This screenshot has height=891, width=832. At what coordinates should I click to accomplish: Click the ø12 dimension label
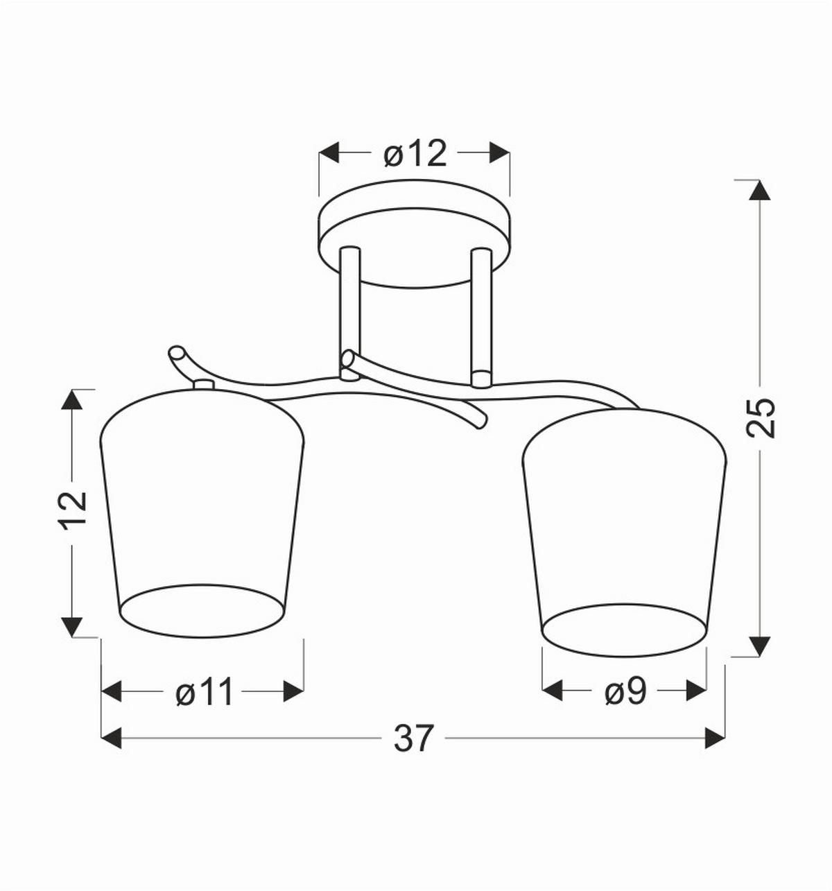pos(415,153)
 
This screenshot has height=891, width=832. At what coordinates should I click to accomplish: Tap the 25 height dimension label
pos(760,417)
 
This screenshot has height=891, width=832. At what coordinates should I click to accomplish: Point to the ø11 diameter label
pos(204,692)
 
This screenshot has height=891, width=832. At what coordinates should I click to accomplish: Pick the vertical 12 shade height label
pos(74,511)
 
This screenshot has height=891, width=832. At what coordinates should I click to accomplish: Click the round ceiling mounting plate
pos(414,234)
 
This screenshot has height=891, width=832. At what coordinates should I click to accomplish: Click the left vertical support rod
pos(349,313)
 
